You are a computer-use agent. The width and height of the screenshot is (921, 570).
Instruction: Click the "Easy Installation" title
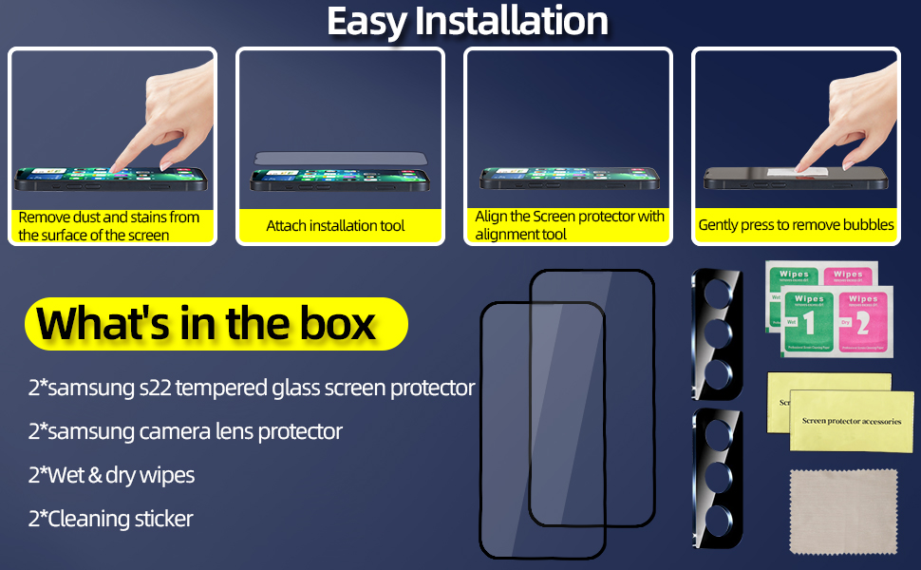pyautogui.click(x=467, y=21)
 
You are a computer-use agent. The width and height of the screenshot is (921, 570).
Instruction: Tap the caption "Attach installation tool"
pyautogui.click(x=335, y=225)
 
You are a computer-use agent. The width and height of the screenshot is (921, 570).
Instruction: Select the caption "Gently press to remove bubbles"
pyautogui.click(x=796, y=225)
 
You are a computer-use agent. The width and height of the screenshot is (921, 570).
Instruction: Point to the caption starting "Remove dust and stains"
pyautogui.click(x=109, y=225)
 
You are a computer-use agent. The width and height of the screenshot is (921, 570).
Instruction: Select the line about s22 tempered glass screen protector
pyautogui.click(x=252, y=388)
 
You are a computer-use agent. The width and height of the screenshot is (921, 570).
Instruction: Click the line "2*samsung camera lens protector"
pyautogui.click(x=185, y=431)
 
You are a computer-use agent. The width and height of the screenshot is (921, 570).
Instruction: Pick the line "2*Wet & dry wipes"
pyautogui.click(x=111, y=475)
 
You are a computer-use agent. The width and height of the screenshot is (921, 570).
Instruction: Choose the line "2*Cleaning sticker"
pyautogui.click(x=110, y=519)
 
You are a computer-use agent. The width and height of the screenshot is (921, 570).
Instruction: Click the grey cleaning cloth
pyautogui.click(x=843, y=512)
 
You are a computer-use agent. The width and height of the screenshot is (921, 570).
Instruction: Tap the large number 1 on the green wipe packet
pyautogui.click(x=809, y=324)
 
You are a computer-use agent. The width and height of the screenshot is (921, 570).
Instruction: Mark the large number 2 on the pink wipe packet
pyautogui.click(x=863, y=324)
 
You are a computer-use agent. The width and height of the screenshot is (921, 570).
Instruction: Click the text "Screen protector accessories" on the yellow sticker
pyautogui.click(x=852, y=420)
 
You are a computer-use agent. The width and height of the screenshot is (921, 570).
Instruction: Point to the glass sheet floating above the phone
pyautogui.click(x=340, y=161)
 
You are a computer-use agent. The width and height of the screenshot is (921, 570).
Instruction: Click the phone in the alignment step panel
pyautogui.click(x=568, y=178)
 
